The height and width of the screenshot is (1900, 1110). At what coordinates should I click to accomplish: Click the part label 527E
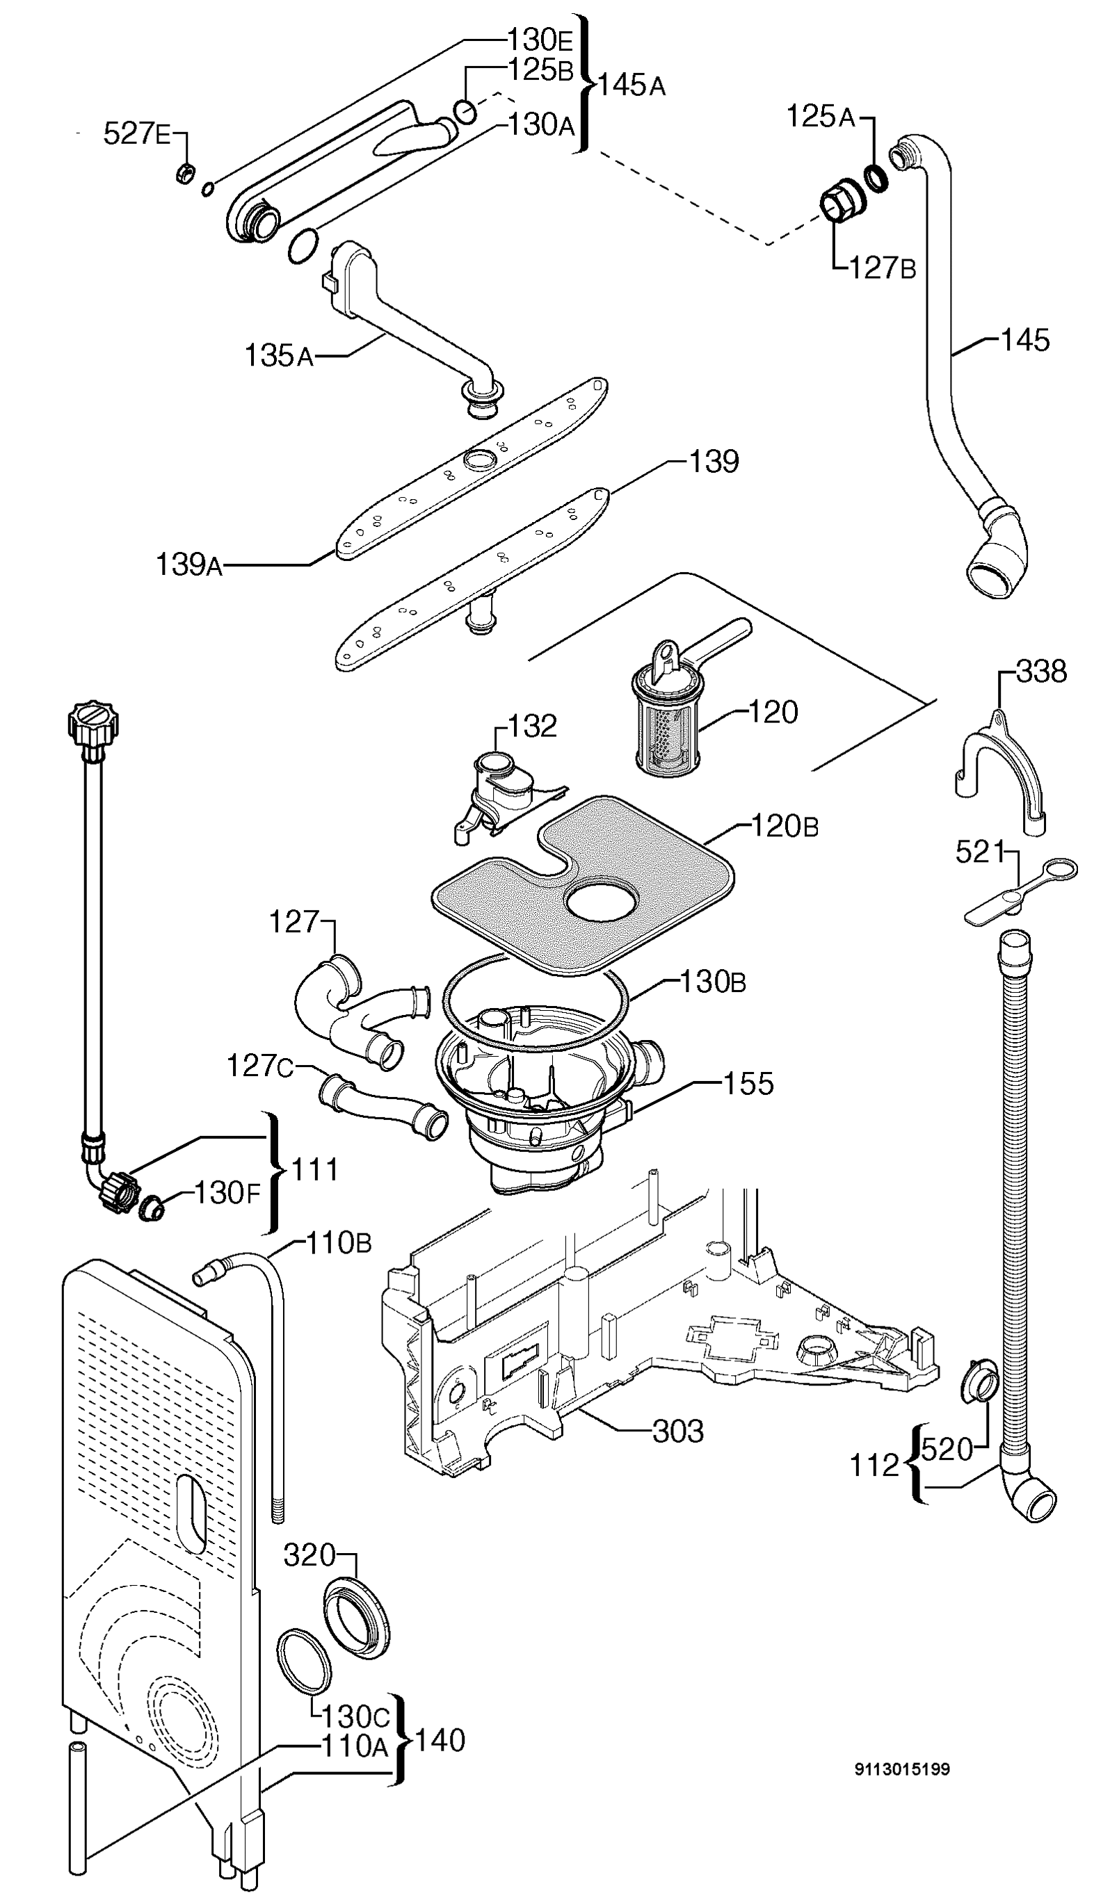coord(136,134)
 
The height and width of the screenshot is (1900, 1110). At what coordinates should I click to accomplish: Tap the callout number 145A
coord(632,86)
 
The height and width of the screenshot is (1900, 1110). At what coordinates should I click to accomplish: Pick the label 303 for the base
coord(677,1431)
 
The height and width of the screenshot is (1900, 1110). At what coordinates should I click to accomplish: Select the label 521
coord(981,853)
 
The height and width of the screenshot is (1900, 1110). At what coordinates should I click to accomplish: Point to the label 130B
coord(713,982)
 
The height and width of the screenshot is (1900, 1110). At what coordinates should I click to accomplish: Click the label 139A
coord(188,565)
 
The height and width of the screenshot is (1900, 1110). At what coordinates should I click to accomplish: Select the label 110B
coord(339,1242)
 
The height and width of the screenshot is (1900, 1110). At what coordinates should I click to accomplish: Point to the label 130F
coord(227,1193)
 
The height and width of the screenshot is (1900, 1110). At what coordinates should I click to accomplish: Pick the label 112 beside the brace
coord(875,1465)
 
